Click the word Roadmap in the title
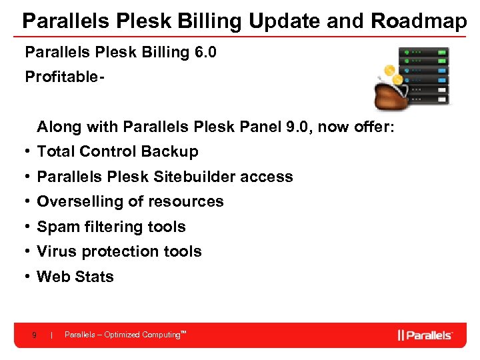tap(419, 21)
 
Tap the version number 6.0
tap(203, 52)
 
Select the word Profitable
tap(62, 77)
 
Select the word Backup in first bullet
tap(172, 152)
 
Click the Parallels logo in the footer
tap(425, 335)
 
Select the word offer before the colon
tap(377, 127)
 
